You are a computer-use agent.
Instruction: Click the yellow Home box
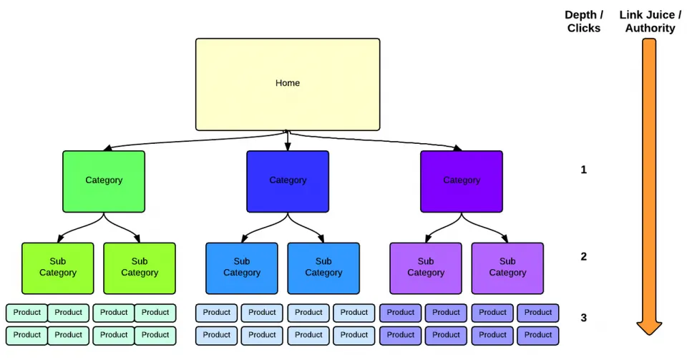pyautogui.click(x=288, y=84)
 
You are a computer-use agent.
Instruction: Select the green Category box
pyautogui.click(x=104, y=181)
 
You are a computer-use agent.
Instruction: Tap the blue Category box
pyautogui.click(x=288, y=181)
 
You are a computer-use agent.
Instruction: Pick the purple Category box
pyautogui.click(x=462, y=181)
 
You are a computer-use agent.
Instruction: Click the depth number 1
pyautogui.click(x=584, y=170)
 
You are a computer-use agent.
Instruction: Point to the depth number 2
pyautogui.click(x=584, y=256)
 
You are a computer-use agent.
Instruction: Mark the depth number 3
pyautogui.click(x=584, y=318)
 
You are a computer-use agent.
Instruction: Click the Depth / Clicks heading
pyautogui.click(x=584, y=21)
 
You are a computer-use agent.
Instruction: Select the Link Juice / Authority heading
pyautogui.click(x=651, y=21)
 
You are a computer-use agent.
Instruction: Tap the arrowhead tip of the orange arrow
pyautogui.click(x=649, y=335)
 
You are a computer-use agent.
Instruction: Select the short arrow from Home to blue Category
pyautogui.click(x=288, y=140)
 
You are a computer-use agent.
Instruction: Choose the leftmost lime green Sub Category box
pyautogui.click(x=58, y=268)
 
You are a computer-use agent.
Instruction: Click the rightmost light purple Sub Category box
pyautogui.click(x=507, y=268)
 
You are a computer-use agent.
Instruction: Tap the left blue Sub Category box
pyautogui.click(x=242, y=268)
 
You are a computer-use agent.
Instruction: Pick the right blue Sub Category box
pyautogui.click(x=323, y=268)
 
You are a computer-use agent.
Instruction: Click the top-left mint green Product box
pyautogui.click(x=26, y=313)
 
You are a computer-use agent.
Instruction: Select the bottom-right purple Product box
pyautogui.click(x=538, y=335)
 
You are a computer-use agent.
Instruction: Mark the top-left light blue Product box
pyautogui.click(x=216, y=313)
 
